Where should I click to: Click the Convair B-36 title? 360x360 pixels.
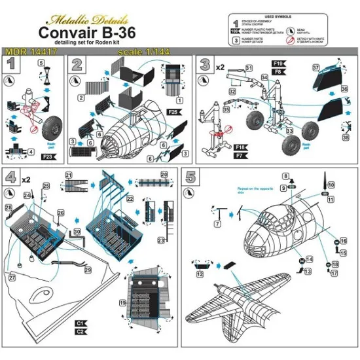(96, 31)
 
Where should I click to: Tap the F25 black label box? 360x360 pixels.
(173, 113)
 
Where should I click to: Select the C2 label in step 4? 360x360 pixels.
(81, 331)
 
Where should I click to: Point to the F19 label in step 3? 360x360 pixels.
(277, 63)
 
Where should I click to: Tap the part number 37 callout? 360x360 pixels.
(315, 67)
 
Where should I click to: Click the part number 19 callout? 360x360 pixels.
(122, 303)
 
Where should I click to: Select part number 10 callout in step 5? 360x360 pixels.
(331, 185)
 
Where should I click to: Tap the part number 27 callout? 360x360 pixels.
(11, 278)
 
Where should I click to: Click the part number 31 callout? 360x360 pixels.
(249, 67)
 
